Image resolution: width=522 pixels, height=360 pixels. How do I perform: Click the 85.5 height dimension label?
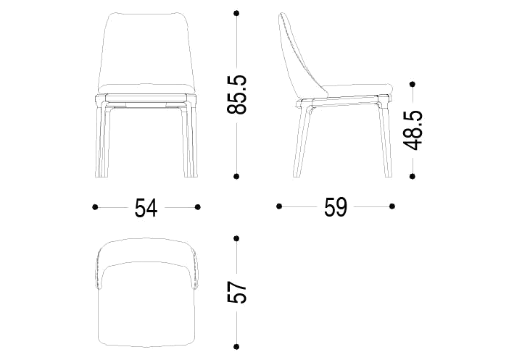point(236,95)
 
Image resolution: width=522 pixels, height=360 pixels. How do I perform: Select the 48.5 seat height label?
point(413,130)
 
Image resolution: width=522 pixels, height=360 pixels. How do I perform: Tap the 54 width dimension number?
point(146,208)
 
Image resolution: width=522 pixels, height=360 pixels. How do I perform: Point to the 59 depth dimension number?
point(336,207)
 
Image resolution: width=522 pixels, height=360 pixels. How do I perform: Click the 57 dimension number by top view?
point(236,293)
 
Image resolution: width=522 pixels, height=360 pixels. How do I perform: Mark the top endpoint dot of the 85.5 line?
point(236,13)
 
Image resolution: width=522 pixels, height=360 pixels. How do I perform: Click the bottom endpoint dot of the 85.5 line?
point(236,176)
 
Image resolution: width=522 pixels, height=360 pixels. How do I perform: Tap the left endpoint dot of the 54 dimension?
point(95,207)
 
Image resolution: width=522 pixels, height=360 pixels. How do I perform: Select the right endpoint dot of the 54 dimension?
point(198,207)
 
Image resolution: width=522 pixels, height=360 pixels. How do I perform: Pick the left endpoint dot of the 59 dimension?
point(279,206)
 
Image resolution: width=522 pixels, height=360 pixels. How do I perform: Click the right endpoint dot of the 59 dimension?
point(392,206)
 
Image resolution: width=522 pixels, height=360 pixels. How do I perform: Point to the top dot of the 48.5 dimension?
point(413,85)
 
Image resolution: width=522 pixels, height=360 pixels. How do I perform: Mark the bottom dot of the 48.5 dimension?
point(413,176)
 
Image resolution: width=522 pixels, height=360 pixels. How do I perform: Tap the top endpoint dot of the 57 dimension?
point(236,238)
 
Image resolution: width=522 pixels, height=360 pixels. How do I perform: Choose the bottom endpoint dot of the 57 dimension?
point(236,347)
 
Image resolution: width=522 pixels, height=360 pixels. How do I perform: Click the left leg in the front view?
point(101,140)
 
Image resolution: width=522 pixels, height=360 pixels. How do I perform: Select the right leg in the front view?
point(189,140)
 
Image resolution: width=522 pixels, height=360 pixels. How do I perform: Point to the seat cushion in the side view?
point(356,90)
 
